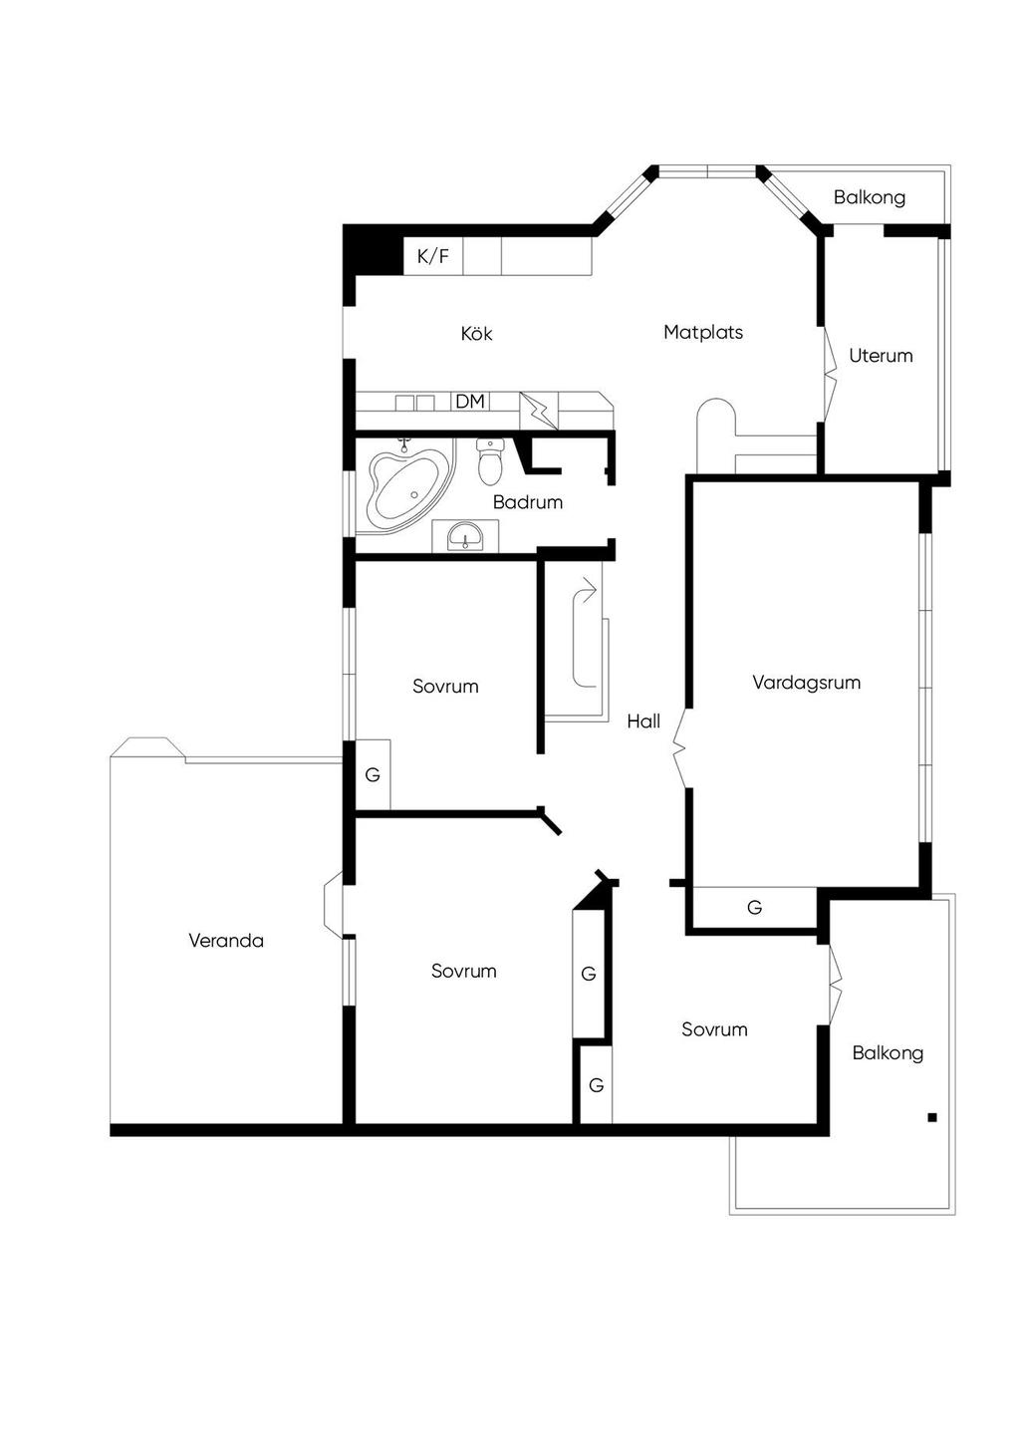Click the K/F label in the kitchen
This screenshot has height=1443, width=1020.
pyautogui.click(x=433, y=257)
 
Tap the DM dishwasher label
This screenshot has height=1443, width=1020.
pyautogui.click(x=470, y=402)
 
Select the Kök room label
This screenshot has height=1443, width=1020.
pyautogui.click(x=476, y=334)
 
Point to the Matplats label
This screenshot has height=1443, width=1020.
pyautogui.click(x=703, y=333)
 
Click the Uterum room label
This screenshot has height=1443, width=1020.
pyautogui.click(x=881, y=356)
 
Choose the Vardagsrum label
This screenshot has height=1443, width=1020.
pyautogui.click(x=806, y=683)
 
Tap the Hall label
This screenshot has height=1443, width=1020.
pyautogui.click(x=643, y=721)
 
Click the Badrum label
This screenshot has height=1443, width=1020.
pyautogui.click(x=528, y=502)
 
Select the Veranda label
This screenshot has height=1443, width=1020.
pyautogui.click(x=226, y=941)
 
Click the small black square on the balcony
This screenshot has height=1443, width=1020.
pyautogui.click(x=932, y=1118)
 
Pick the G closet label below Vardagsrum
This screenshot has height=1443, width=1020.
pyautogui.click(x=755, y=908)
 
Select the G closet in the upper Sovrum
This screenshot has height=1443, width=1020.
pyautogui.click(x=373, y=774)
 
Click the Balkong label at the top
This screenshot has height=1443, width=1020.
pyautogui.click(x=870, y=197)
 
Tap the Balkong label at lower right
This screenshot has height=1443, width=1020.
pyautogui.click(x=888, y=1053)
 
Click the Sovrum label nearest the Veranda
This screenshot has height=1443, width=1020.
pyautogui.click(x=463, y=972)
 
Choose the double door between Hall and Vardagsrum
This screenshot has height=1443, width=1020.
pyautogui.click(x=679, y=747)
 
